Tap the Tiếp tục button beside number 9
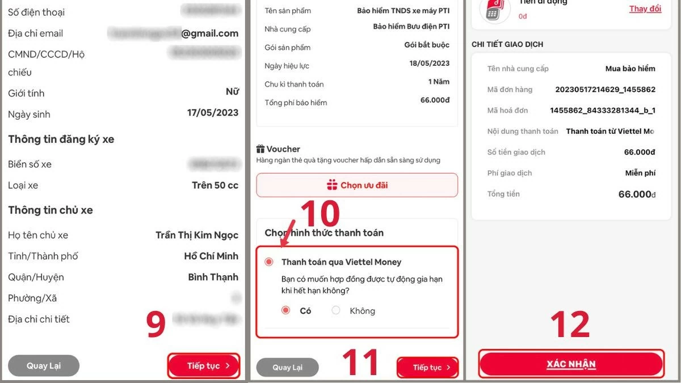point(204,366)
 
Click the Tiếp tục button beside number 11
point(427,368)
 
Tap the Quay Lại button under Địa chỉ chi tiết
point(44,366)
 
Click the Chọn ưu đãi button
point(357,186)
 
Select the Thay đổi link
point(645,9)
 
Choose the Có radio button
point(285,310)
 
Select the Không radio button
point(336,310)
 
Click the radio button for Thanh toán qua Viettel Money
point(269,262)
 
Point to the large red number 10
point(320,214)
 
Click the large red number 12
point(570,324)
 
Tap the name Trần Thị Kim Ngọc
point(197,235)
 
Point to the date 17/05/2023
point(213,113)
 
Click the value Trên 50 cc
point(215,186)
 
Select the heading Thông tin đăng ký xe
point(61,140)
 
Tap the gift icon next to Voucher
point(260,149)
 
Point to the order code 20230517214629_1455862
point(605,90)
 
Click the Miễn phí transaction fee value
point(640,173)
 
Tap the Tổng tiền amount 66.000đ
point(637,195)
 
